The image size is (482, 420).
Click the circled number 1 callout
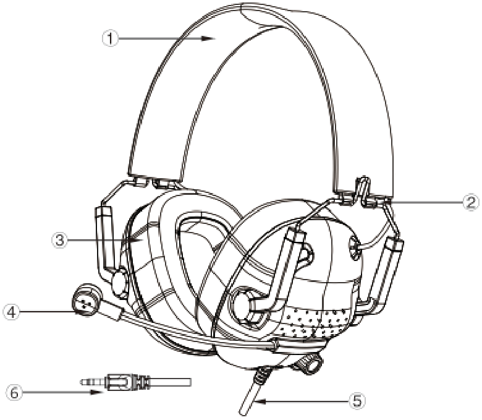(x=110, y=38)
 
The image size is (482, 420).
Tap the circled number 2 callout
(x=471, y=202)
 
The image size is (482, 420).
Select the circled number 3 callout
(x=60, y=240)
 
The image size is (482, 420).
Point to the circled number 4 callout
(x=11, y=312)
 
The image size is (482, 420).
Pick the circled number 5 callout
(x=357, y=401)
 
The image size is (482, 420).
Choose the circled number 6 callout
(x=14, y=392)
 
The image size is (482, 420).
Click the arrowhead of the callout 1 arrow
(x=208, y=38)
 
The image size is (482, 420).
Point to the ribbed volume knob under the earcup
(x=308, y=363)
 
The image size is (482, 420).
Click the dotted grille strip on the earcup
(x=316, y=322)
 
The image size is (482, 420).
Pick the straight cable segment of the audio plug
(x=171, y=382)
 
